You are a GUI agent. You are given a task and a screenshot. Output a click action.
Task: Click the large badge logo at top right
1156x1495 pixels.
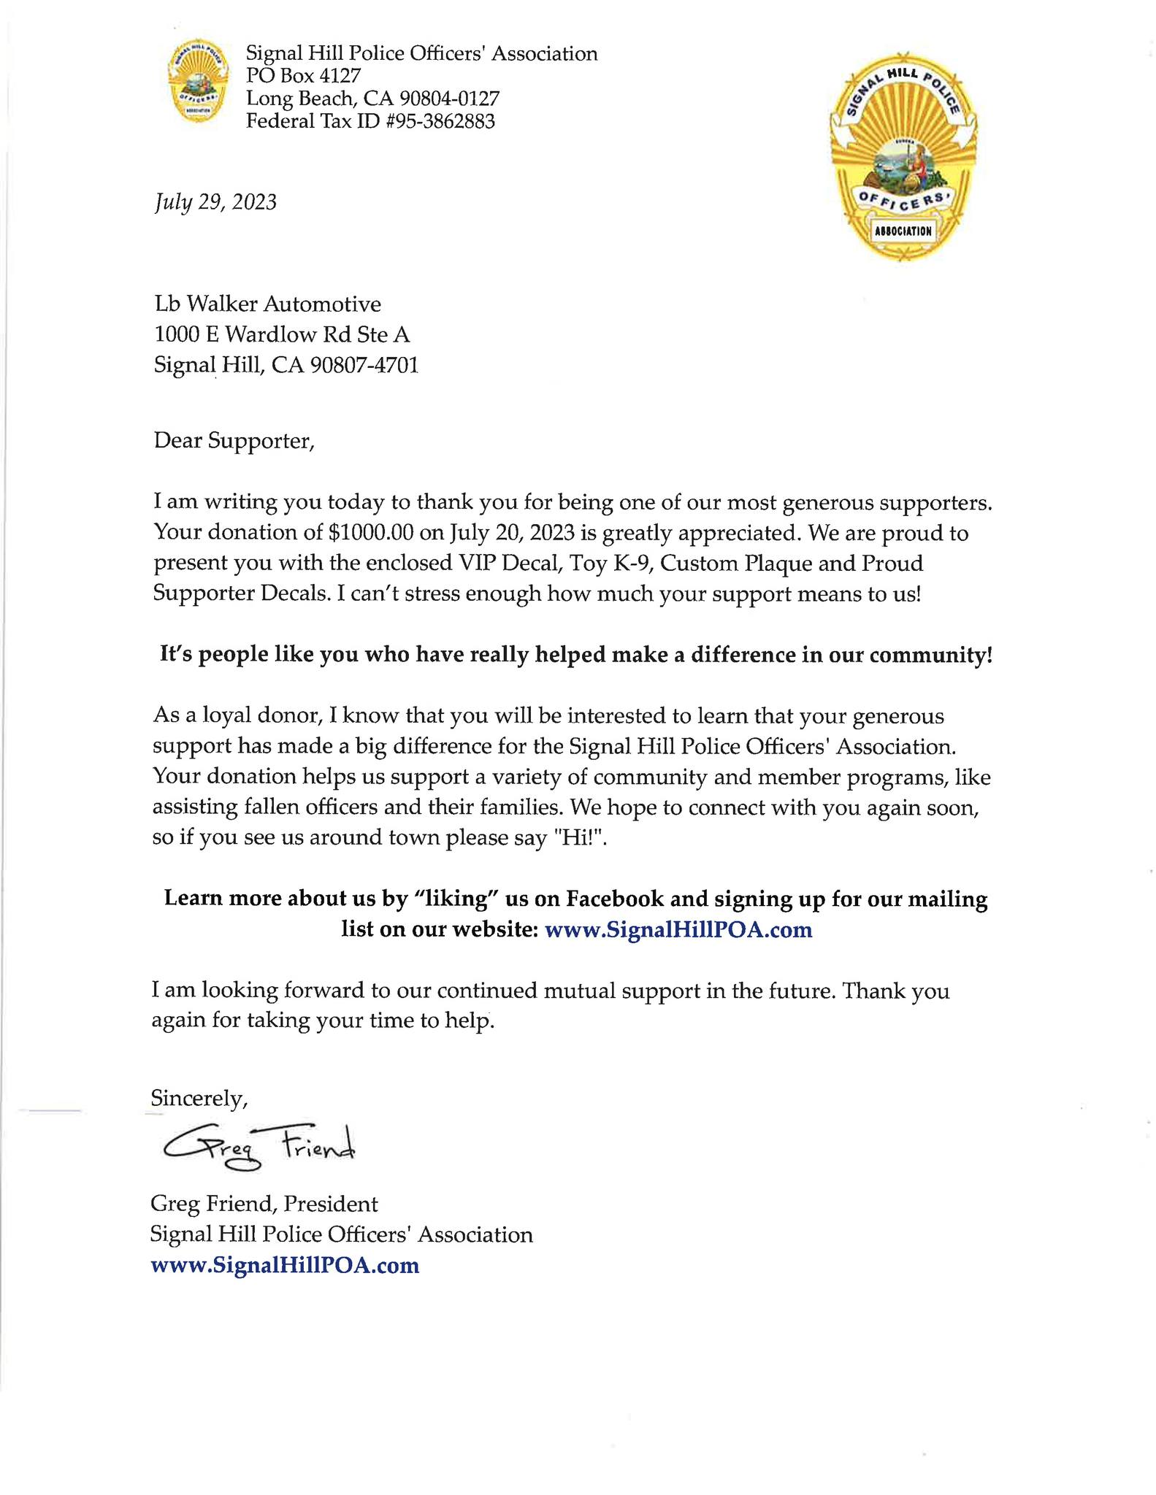[x=903, y=157]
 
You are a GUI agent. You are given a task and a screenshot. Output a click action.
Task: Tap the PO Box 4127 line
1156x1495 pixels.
[x=303, y=75]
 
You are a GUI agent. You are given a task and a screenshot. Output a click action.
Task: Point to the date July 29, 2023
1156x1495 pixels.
[x=215, y=201]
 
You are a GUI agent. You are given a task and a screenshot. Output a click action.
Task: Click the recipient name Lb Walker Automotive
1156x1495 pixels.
[x=267, y=304]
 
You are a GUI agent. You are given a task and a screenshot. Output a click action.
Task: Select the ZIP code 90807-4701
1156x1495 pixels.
[x=364, y=365]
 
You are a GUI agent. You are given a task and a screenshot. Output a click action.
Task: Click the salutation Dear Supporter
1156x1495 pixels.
[x=234, y=441]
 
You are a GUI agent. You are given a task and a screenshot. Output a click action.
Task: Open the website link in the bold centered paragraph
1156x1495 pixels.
[x=678, y=930]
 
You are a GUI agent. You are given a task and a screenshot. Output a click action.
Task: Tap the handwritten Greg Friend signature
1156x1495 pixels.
[x=259, y=1148]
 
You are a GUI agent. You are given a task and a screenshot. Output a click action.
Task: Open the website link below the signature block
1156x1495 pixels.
[x=285, y=1265]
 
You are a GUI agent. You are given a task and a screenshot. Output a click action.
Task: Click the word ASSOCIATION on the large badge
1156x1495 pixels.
[x=903, y=231]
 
